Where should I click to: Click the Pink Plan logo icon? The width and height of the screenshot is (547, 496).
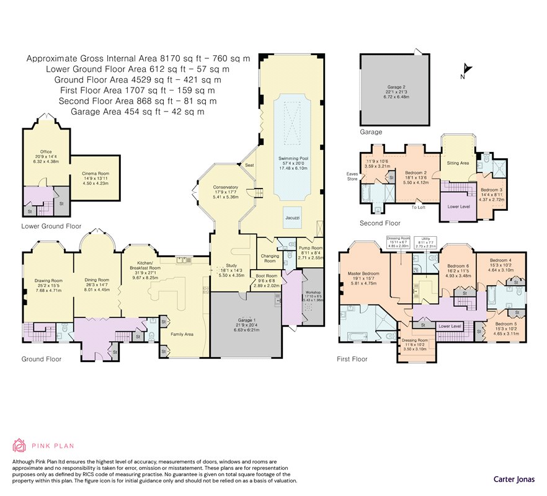20,445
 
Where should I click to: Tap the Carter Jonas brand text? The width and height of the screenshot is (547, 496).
514,479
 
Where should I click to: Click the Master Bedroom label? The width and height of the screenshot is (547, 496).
365,273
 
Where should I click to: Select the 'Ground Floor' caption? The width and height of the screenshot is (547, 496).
42,359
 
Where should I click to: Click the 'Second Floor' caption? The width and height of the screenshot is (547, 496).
380,223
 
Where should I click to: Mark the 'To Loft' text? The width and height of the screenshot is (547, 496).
420,208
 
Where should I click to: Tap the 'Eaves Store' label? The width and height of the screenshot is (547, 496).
354,177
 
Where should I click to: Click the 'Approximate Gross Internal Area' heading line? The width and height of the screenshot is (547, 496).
138,59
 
